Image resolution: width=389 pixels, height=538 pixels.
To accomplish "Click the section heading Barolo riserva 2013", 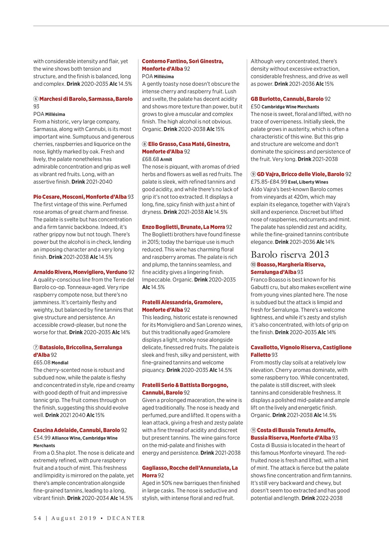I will pos(290,255).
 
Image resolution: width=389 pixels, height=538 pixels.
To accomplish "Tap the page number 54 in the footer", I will pos(37,518).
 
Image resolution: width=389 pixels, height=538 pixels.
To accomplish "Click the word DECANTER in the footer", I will pos(126,518).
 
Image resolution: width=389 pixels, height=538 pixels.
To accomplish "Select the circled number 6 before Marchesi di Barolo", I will pos(36,99).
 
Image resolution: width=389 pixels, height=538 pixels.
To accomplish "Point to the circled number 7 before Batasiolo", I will pos(36,348).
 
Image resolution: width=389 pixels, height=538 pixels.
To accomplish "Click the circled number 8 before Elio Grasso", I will pos(144,144).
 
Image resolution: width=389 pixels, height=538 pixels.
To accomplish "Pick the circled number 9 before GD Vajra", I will pos(253,174).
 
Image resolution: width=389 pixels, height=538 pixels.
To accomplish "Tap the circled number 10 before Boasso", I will pos(253,265).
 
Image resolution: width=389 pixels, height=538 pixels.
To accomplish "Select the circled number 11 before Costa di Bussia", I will pos(253,430).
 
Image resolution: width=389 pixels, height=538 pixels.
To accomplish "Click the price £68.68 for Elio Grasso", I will pos(150,159).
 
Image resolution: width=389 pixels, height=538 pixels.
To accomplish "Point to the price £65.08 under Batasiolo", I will pos(42,362).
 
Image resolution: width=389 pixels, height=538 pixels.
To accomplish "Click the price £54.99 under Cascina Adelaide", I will pos(42,438).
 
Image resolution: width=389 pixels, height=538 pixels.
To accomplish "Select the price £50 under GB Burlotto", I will pos(256,107).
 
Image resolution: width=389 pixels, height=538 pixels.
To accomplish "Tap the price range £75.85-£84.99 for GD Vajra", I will pos(269,182).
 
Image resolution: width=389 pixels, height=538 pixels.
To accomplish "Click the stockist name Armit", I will pos(166,160).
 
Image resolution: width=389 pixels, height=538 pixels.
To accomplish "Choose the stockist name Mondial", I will pos(60,363).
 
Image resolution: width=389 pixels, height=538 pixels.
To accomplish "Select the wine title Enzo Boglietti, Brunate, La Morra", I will pos(183,227).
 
